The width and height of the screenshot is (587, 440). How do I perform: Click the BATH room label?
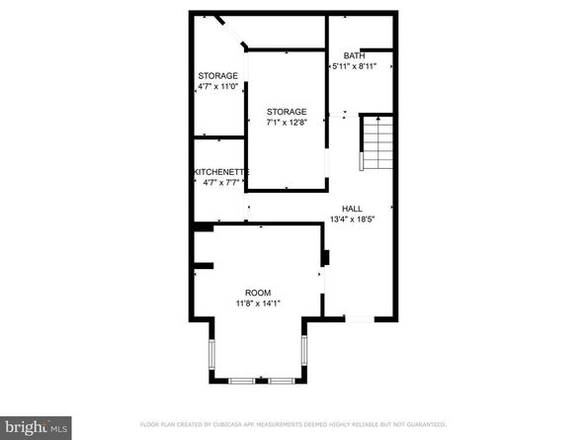click(x=353, y=54)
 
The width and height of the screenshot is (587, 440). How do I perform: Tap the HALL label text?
click(x=352, y=208)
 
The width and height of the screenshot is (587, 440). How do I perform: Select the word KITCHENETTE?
click(x=219, y=171)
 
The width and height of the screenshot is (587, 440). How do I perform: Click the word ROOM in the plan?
click(x=258, y=293)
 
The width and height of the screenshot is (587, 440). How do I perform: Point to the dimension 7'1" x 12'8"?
click(x=287, y=123)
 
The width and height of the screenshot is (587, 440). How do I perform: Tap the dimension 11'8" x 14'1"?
click(x=258, y=304)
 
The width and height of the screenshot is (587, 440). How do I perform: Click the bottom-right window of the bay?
click(x=278, y=380)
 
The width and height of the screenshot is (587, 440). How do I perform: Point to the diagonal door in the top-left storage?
click(x=234, y=34)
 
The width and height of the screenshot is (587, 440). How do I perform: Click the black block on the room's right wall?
click(x=324, y=257)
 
